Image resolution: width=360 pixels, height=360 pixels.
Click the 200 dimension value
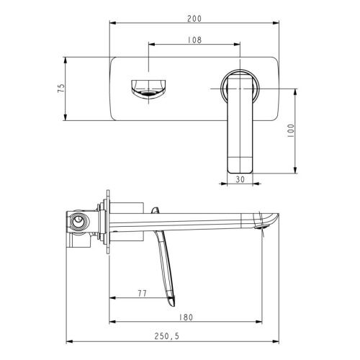click(x=194, y=19)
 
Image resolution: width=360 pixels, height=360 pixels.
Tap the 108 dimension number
click(x=194, y=40)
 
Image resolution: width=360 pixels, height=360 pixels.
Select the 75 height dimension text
click(x=61, y=88)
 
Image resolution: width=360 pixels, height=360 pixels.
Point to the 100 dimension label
click(x=290, y=130)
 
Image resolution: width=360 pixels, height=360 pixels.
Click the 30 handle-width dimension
click(x=240, y=179)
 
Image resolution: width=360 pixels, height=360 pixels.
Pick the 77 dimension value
click(x=142, y=293)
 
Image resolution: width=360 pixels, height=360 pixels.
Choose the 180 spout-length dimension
click(x=186, y=318)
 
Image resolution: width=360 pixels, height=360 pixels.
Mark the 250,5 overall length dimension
click(x=166, y=336)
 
